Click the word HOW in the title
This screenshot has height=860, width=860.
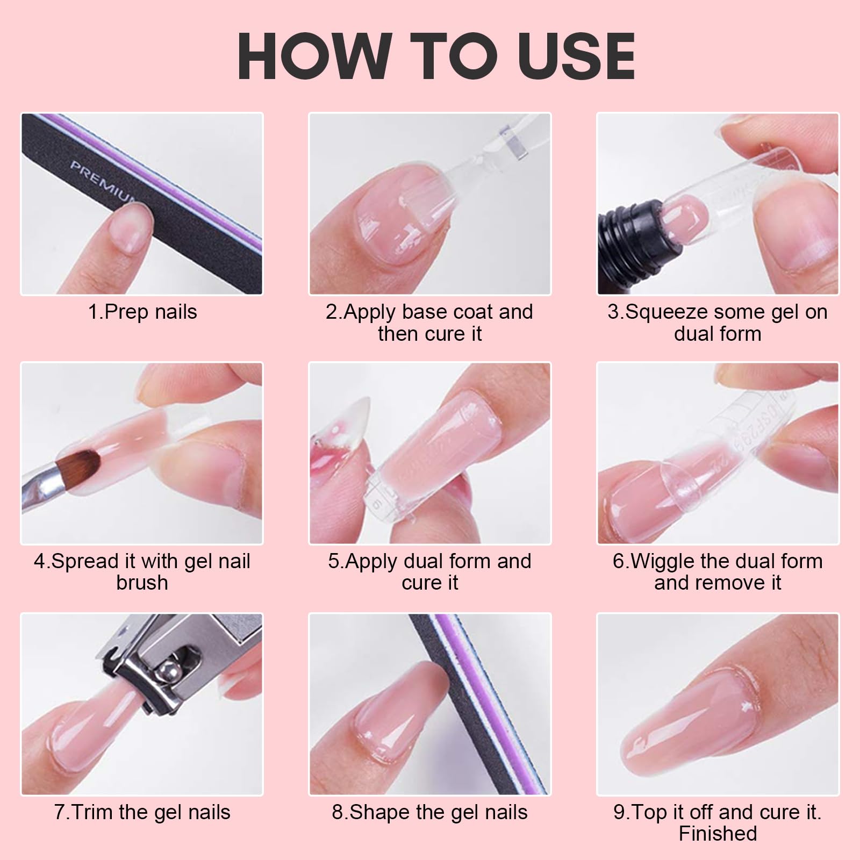[x=314, y=56]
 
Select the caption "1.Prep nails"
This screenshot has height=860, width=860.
[x=142, y=312]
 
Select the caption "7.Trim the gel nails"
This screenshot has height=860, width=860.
[x=142, y=812]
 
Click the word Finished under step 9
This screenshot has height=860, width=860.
[x=718, y=833]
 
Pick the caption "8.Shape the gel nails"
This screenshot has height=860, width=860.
[x=430, y=812]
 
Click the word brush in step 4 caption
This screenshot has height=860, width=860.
[x=142, y=583]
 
